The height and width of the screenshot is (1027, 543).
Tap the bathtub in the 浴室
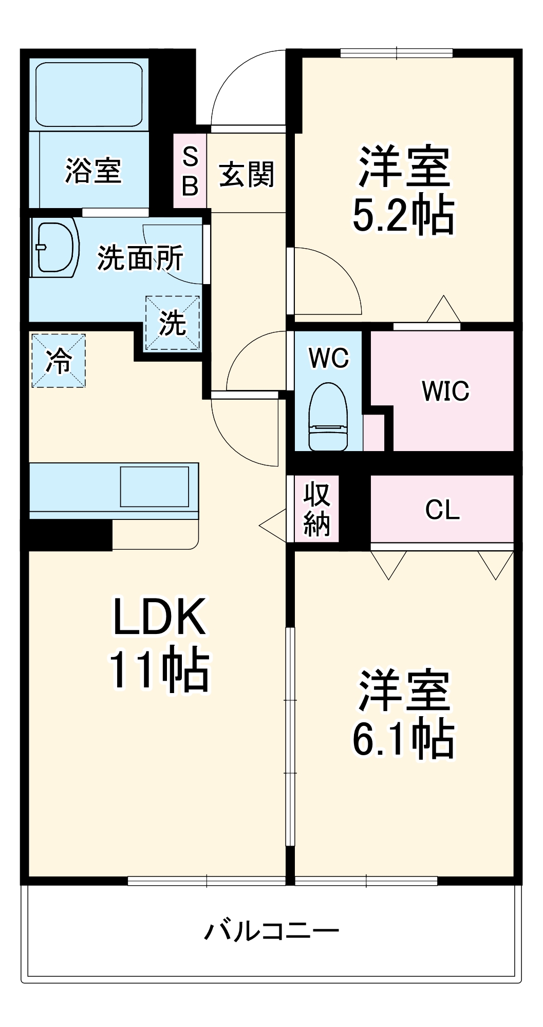[x=89, y=95]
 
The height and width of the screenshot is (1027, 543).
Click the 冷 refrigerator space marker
[x=59, y=360]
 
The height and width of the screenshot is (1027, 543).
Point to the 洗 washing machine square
[x=172, y=323]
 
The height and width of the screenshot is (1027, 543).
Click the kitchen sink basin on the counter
[x=155, y=487]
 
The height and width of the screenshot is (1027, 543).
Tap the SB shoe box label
[x=190, y=171]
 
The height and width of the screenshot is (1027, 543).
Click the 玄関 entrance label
[x=246, y=175]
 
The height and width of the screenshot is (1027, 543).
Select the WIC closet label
[x=445, y=391]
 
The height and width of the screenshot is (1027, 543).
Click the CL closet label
[x=442, y=510]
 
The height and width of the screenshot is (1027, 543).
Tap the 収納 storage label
[x=316, y=509]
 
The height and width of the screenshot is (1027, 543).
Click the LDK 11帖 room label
[x=159, y=643]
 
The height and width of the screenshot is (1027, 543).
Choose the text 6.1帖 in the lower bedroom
[x=403, y=739]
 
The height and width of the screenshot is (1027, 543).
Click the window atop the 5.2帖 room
[x=396, y=52]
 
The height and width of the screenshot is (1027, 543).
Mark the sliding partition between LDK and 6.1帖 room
[x=291, y=735]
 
